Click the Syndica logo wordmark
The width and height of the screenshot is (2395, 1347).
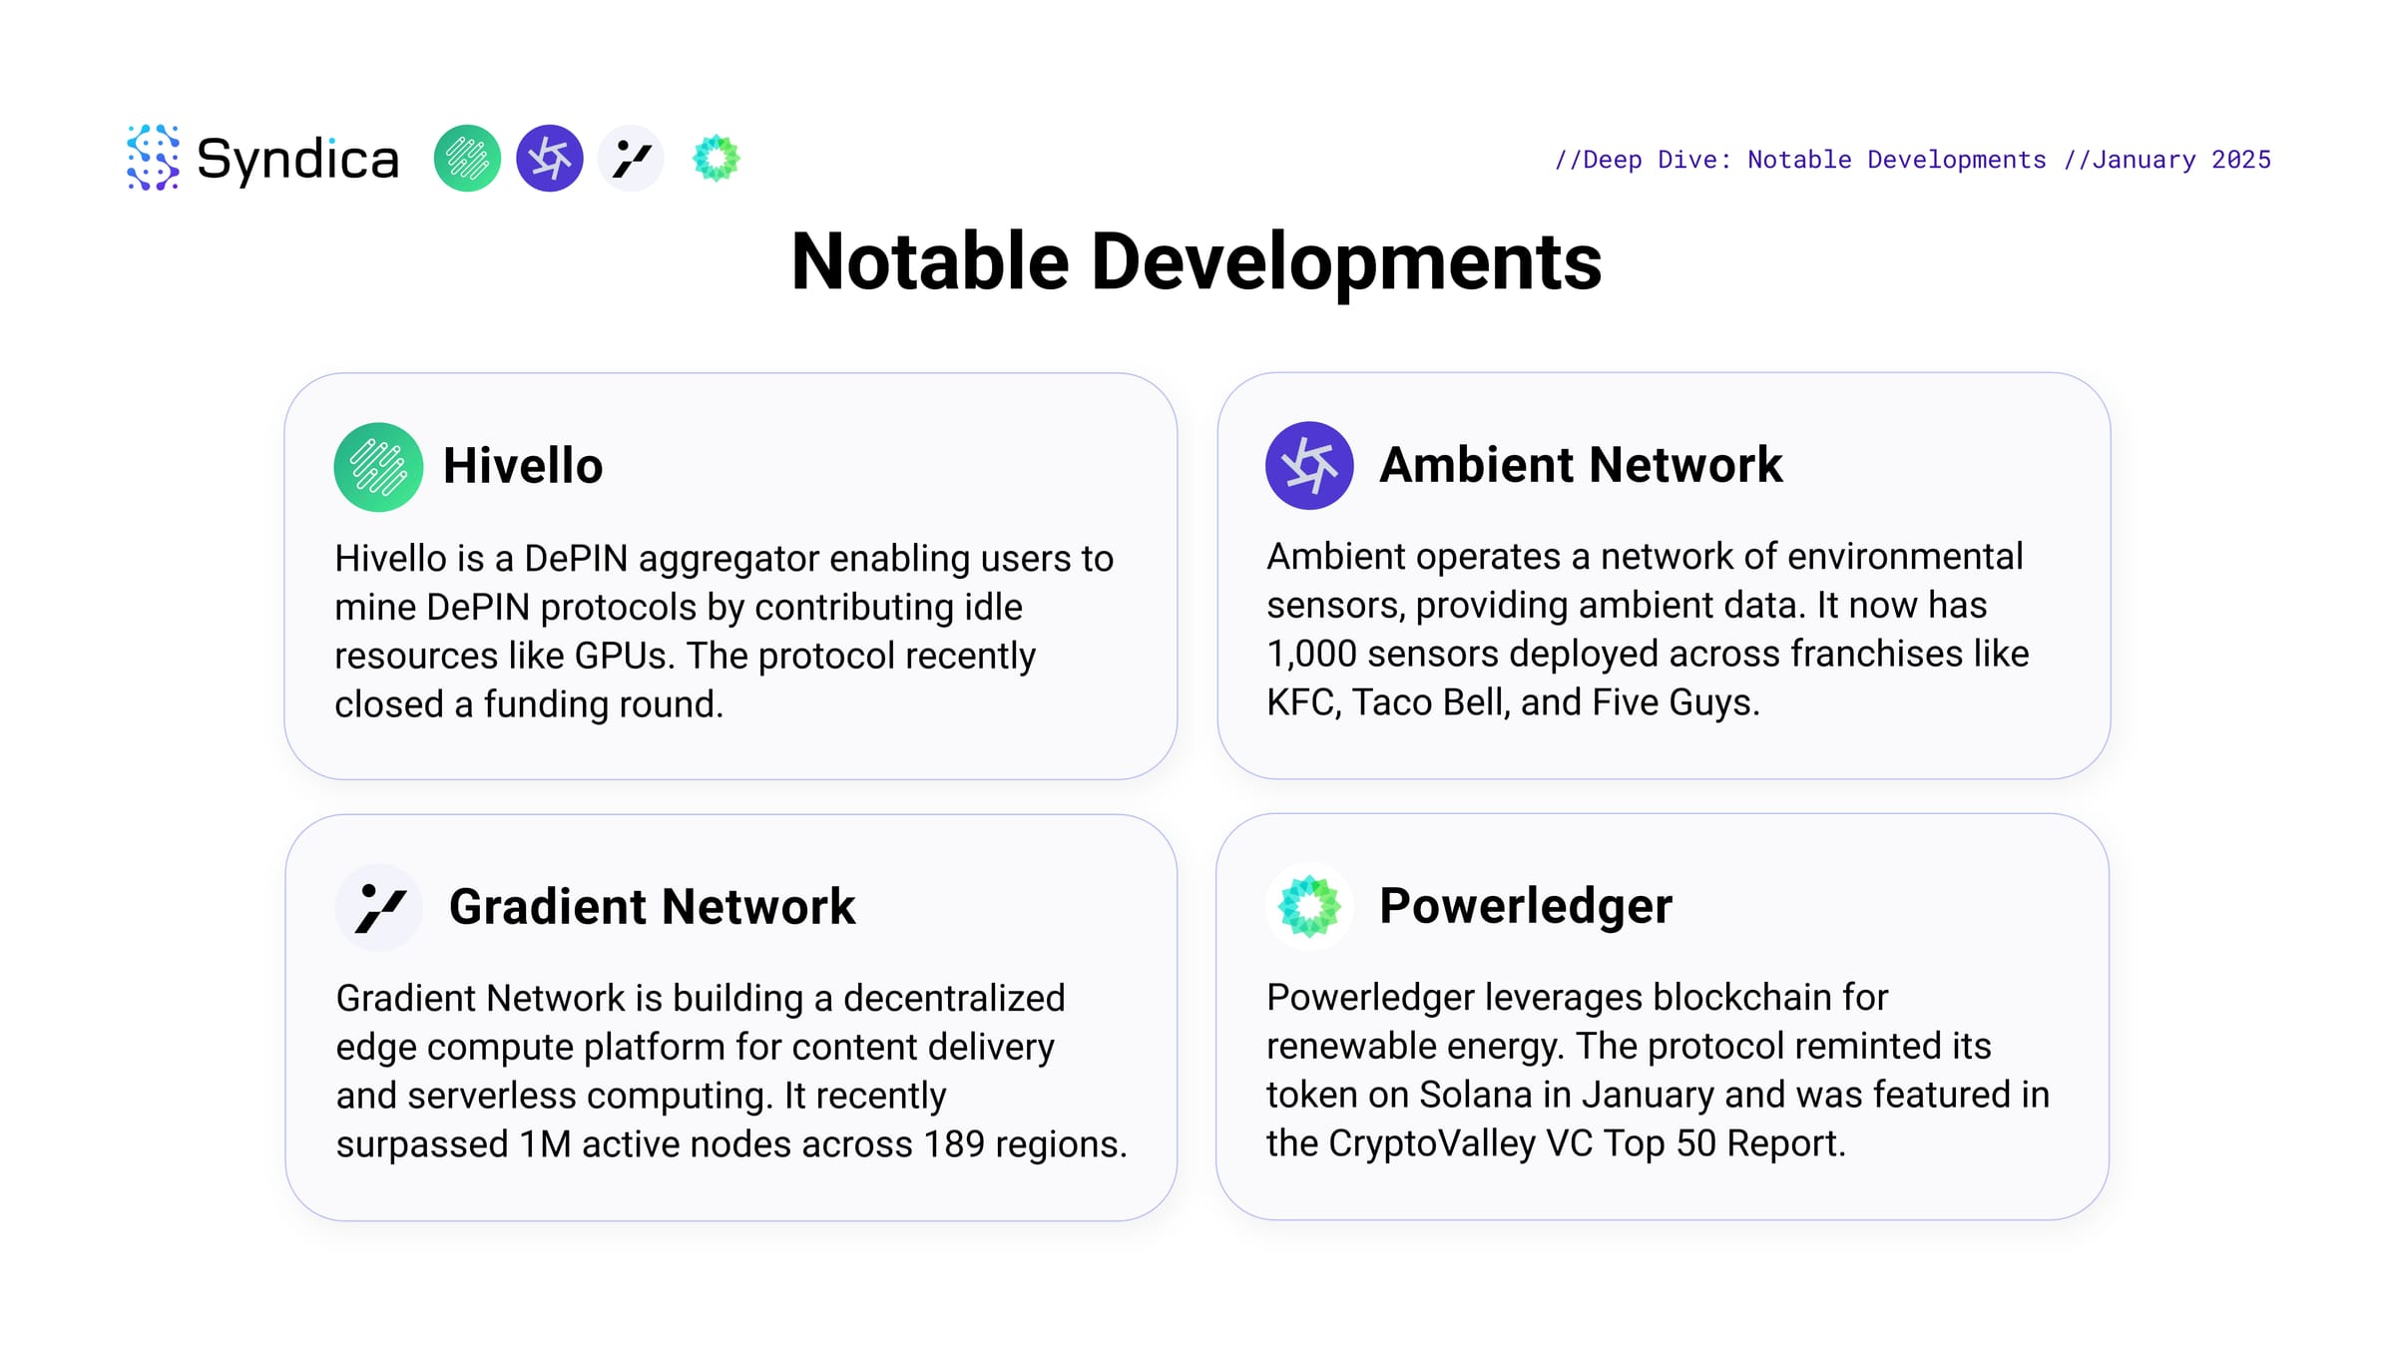point(297,160)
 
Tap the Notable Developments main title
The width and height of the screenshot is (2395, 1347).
point(1197,261)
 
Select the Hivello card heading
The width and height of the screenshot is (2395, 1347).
point(523,466)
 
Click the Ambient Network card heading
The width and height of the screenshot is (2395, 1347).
point(1581,465)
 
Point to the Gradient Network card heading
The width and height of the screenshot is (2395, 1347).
point(652,906)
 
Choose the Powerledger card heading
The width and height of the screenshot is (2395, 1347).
point(1526,906)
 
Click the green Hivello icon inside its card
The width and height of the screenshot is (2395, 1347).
point(378,467)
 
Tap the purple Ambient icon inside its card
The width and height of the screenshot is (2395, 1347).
point(1309,466)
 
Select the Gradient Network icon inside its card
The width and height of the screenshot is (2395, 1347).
point(379,908)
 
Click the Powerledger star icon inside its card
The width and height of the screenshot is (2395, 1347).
point(1309,906)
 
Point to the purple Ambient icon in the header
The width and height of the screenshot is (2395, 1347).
point(550,159)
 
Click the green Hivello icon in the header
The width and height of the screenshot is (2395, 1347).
point(467,159)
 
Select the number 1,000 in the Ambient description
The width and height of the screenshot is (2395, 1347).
point(1312,655)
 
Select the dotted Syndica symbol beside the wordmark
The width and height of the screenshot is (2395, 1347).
point(154,158)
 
